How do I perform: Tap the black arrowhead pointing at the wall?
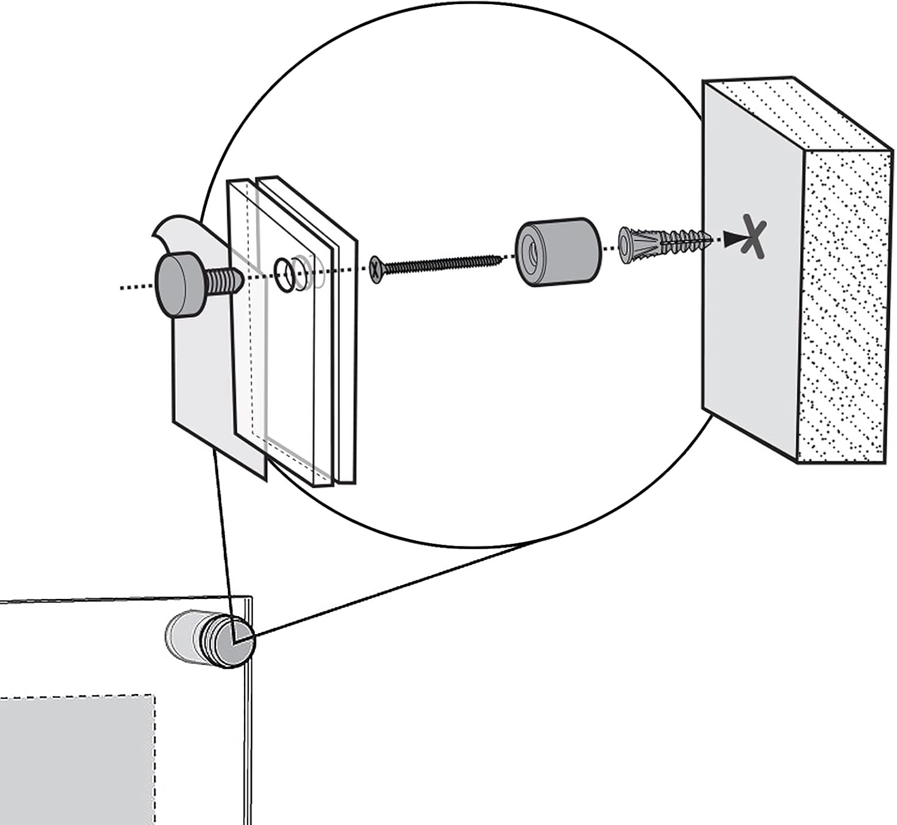click(x=731, y=240)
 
